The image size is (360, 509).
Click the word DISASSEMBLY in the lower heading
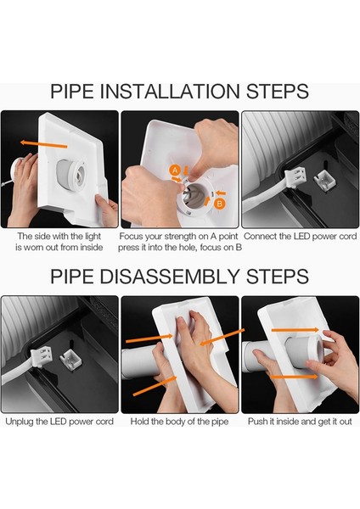click(x=170, y=277)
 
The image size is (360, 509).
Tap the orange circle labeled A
click(x=175, y=171)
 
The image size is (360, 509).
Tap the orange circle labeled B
click(x=220, y=204)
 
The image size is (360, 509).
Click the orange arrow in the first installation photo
click(x=44, y=144)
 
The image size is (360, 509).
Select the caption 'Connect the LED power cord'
click(x=301, y=237)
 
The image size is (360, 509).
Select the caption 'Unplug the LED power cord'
click(x=59, y=422)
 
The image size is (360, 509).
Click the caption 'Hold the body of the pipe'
click(x=179, y=422)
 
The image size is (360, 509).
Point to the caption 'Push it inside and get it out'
click(x=300, y=422)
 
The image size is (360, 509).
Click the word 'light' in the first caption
click(x=93, y=237)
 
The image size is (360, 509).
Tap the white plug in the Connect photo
click(x=294, y=177)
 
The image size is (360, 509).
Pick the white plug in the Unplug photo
click(x=42, y=356)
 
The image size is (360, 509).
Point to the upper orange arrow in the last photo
click(x=295, y=330)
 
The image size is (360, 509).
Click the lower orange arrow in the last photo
click(x=294, y=377)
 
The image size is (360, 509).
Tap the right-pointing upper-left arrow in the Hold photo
click(x=149, y=338)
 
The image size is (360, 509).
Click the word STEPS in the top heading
click(x=277, y=92)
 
